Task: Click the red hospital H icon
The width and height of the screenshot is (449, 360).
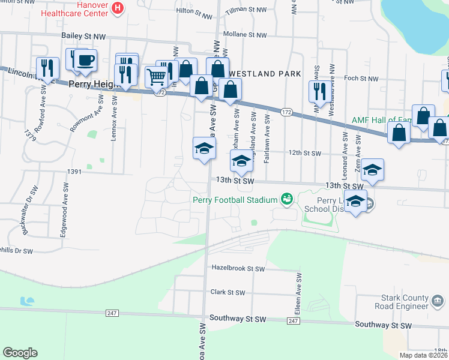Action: click(x=118, y=8)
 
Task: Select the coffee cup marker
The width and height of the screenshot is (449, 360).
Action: click(x=85, y=61)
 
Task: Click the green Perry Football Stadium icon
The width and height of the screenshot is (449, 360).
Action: click(x=287, y=199)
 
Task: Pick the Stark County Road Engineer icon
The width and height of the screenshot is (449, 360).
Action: click(x=438, y=299)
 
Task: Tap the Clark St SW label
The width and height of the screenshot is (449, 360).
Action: click(x=228, y=293)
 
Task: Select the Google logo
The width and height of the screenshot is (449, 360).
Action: click(x=20, y=353)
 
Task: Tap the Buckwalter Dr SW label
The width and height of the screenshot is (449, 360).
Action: click(x=25, y=217)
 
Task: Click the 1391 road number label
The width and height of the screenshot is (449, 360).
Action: click(x=74, y=172)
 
